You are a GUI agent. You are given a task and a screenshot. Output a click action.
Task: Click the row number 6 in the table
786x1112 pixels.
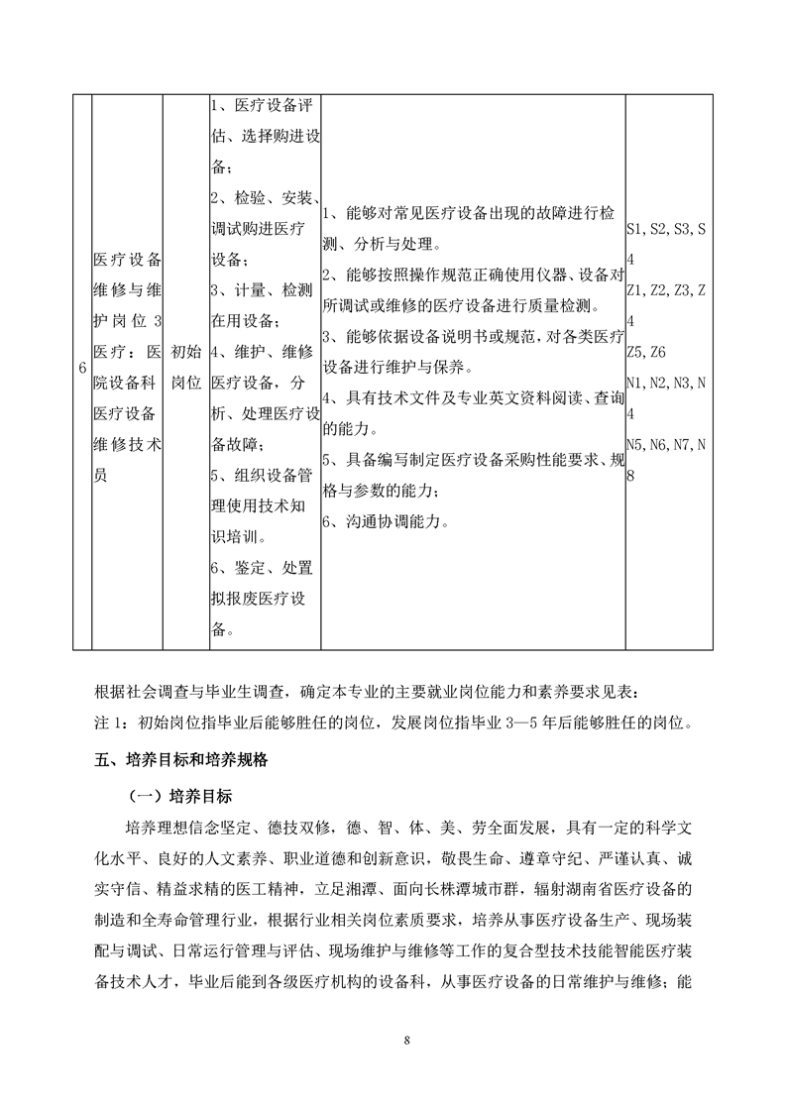pos(81,368)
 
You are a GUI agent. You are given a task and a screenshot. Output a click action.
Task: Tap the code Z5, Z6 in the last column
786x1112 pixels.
pos(646,352)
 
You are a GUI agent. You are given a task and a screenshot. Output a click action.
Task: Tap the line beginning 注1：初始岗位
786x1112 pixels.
pos(391,722)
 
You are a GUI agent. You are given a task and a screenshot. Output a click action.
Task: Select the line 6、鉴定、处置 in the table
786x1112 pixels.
pos(262,567)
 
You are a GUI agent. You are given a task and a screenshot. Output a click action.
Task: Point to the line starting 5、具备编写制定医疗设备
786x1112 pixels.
pos(472,459)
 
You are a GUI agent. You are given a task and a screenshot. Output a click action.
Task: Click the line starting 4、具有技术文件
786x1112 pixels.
pos(472,396)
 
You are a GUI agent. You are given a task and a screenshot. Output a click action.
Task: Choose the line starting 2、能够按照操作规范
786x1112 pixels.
pos(472,274)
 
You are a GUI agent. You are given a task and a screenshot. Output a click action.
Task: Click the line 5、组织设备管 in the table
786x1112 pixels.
pos(262,476)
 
